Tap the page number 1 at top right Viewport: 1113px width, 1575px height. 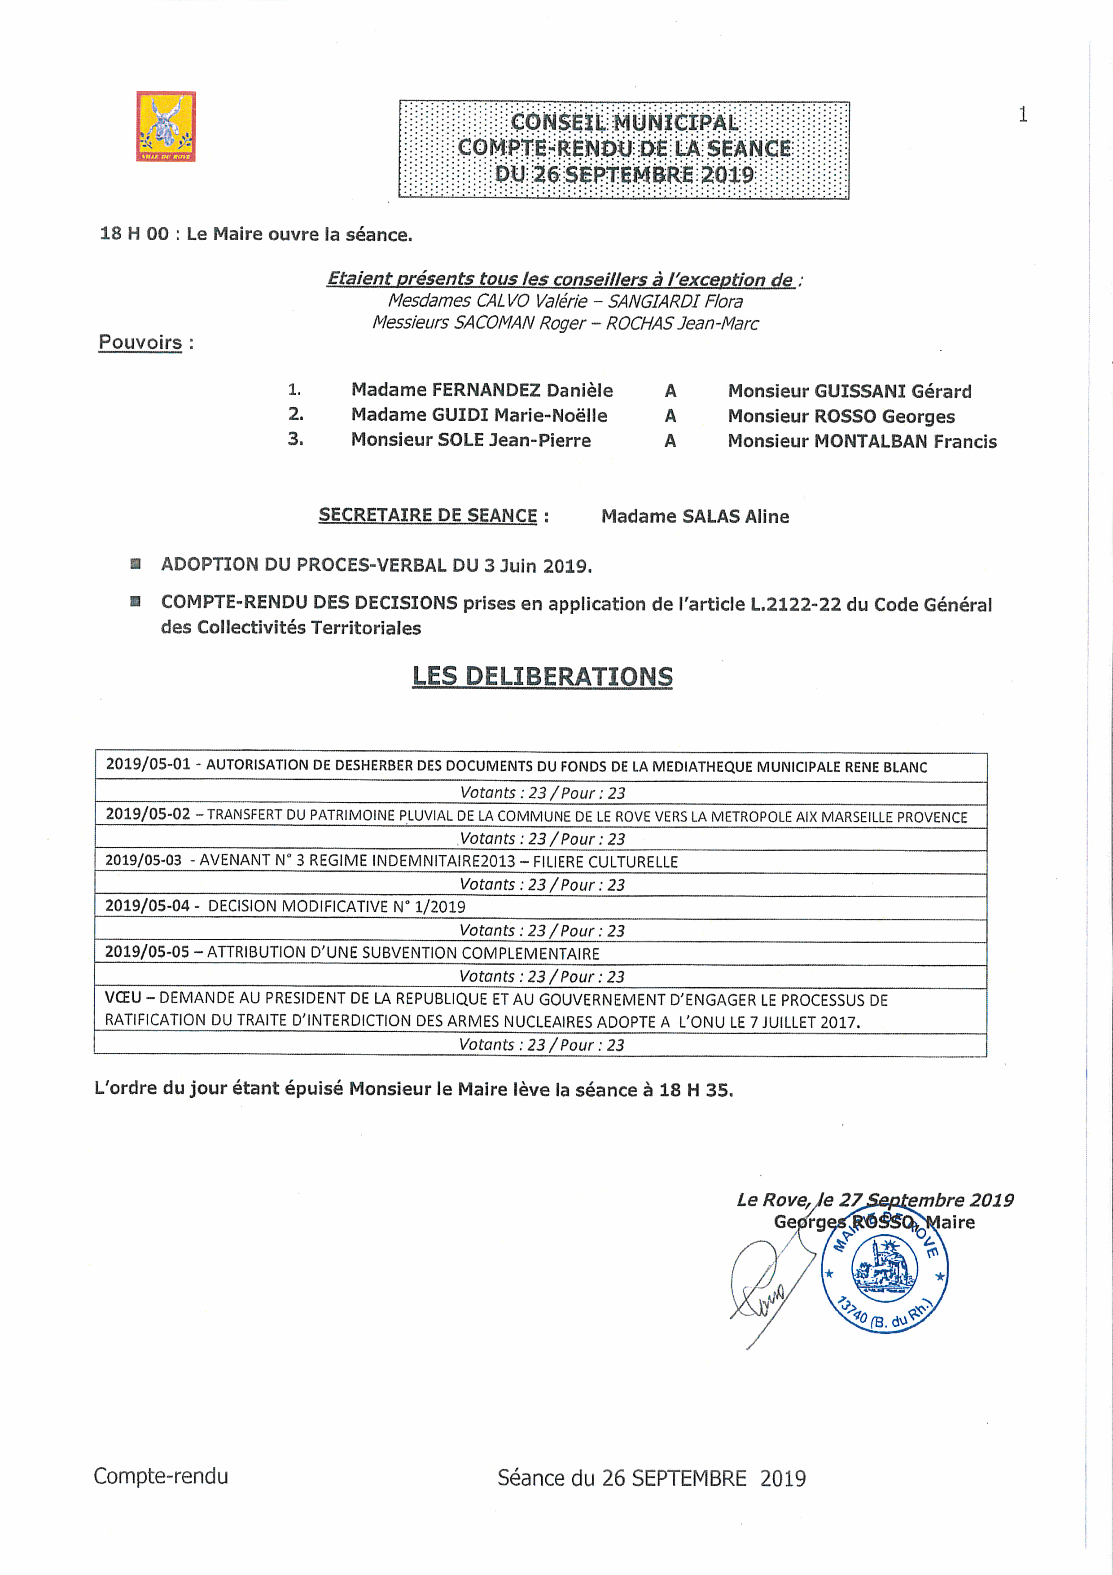[1022, 114]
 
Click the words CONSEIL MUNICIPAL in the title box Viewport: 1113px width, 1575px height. [624, 123]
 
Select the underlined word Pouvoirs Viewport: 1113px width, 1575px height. [140, 342]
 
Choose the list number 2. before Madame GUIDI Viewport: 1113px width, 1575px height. [296, 414]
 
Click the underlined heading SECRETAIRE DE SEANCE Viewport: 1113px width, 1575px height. [427, 515]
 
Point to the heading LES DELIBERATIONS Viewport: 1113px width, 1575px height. [542, 676]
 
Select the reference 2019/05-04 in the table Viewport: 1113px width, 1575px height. [147, 906]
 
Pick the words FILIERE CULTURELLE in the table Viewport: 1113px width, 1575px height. [605, 862]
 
